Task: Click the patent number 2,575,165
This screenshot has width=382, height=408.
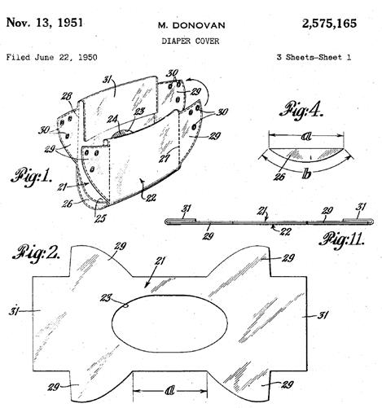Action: coord(329,24)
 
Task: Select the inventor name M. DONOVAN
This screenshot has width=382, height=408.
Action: coord(191,25)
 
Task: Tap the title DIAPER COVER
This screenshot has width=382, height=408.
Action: coord(191,41)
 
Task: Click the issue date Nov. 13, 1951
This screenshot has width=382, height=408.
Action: coord(44,23)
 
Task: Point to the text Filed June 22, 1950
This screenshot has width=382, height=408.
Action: coord(51,57)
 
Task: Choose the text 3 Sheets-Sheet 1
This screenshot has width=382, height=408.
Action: coord(314,57)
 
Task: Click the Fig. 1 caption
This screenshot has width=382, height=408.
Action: coord(31,177)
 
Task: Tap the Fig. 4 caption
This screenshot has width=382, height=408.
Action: coord(301,110)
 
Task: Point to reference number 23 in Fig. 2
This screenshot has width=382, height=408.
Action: coord(106,298)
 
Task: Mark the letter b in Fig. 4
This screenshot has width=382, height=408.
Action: coord(306,174)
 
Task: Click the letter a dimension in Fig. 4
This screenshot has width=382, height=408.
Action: coord(306,137)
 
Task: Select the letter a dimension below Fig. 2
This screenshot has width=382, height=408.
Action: coord(169,391)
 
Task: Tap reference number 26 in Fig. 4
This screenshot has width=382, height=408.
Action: coord(279,177)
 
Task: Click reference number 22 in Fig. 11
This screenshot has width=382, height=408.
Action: coord(285,231)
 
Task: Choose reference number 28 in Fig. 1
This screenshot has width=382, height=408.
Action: coord(67,97)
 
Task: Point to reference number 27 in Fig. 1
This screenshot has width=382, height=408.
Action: coord(165,158)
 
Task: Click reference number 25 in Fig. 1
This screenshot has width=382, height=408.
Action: coord(99,218)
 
